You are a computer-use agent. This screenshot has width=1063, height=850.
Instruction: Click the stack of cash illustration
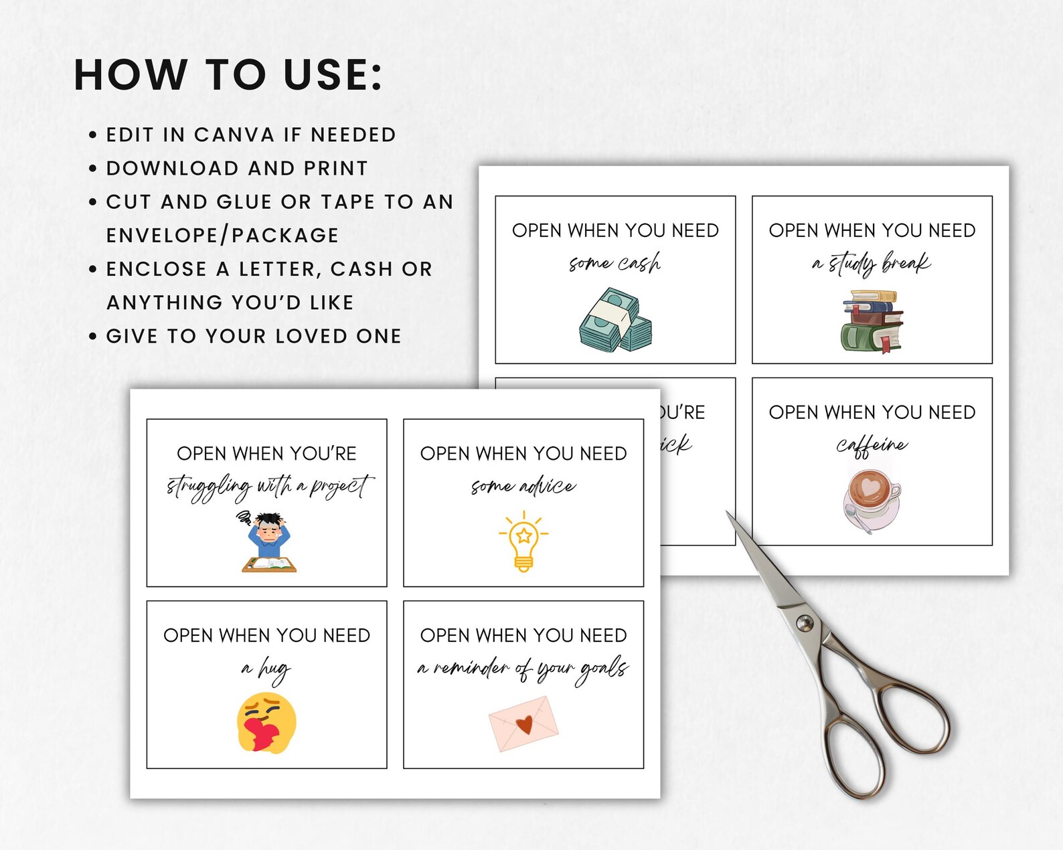(615, 321)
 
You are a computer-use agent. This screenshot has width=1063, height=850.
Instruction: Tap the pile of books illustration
(872, 321)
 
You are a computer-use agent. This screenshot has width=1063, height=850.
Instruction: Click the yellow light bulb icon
(523, 541)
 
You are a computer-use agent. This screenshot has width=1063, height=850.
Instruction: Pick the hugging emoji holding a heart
(266, 723)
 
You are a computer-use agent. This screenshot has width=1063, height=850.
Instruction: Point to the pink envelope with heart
(523, 724)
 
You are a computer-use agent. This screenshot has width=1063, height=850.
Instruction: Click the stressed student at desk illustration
(268, 542)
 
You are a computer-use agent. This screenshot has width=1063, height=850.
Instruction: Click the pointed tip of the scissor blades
(728, 513)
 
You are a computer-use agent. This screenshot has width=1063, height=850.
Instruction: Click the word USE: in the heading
(333, 74)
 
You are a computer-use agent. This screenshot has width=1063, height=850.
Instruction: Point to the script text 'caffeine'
(872, 445)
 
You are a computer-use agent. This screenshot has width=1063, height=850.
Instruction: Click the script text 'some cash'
(615, 263)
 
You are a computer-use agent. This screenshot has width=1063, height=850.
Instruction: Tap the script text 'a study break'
(872, 263)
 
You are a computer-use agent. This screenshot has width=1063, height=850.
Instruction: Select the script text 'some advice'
(523, 487)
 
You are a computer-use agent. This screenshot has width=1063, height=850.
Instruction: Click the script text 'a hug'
(266, 669)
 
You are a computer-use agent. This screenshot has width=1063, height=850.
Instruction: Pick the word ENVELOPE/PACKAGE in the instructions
(222, 236)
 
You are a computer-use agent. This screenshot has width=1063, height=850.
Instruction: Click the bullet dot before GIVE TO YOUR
(93, 336)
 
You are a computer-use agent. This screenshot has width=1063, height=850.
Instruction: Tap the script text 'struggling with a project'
(268, 487)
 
